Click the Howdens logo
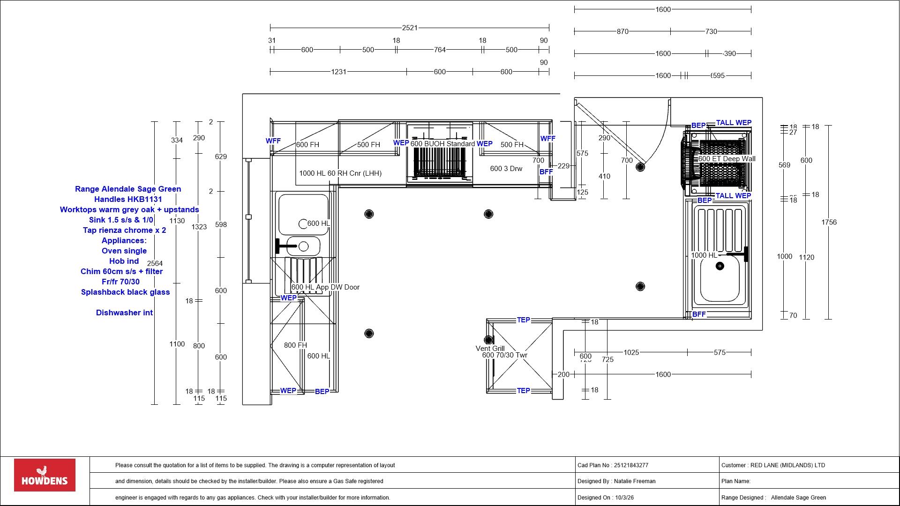pyautogui.click(x=45, y=475)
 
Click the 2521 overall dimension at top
pyautogui.click(x=409, y=28)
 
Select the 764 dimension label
pyautogui.click(x=439, y=50)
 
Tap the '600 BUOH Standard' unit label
pyautogui.click(x=442, y=144)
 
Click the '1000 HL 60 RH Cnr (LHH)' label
pyautogui.click(x=340, y=173)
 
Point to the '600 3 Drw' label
pyautogui.click(x=506, y=169)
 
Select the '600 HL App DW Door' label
pyautogui.click(x=325, y=287)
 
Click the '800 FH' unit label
pyautogui.click(x=295, y=345)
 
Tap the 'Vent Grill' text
pyautogui.click(x=490, y=349)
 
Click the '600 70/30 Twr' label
pyautogui.click(x=504, y=355)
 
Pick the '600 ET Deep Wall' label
pyautogui.click(x=727, y=159)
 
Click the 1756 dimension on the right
pyautogui.click(x=828, y=223)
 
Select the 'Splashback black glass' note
pyautogui.click(x=125, y=292)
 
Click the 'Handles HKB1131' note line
pyautogui.click(x=128, y=200)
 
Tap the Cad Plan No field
pyautogui.click(x=613, y=465)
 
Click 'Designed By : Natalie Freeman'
pyautogui.click(x=616, y=481)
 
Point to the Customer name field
pyautogui.click(x=773, y=465)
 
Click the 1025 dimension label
pyautogui.click(x=631, y=352)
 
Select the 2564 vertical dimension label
pyautogui.click(x=155, y=263)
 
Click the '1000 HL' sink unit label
pyautogui.click(x=704, y=256)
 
